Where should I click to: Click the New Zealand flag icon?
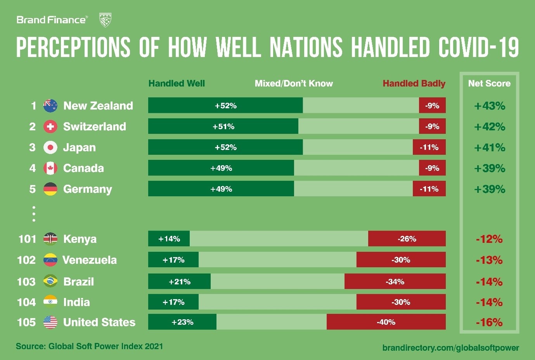pos(50,106)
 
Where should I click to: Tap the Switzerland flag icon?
pos(50,126)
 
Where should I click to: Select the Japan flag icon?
pos(50,147)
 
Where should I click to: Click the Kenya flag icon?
pos(50,239)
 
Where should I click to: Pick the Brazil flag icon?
pos(50,281)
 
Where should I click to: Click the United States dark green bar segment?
pos(182,322)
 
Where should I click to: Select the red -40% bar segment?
pos(386,322)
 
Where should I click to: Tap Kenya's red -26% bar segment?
pos(407,239)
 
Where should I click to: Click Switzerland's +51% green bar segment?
pos(223,126)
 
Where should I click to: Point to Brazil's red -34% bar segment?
pos(395,281)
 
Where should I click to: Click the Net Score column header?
pos(489,83)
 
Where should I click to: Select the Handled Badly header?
pos(414,83)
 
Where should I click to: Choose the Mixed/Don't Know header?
pos(294,83)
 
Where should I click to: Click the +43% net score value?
pos(490,106)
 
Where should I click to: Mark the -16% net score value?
pos(489,322)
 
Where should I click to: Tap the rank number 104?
pos(26,302)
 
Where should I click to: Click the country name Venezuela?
pos(90,260)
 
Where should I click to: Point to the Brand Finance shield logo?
pos(106,20)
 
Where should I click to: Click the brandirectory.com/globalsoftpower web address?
pos(450,348)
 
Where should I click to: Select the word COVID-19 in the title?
pos(478,48)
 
